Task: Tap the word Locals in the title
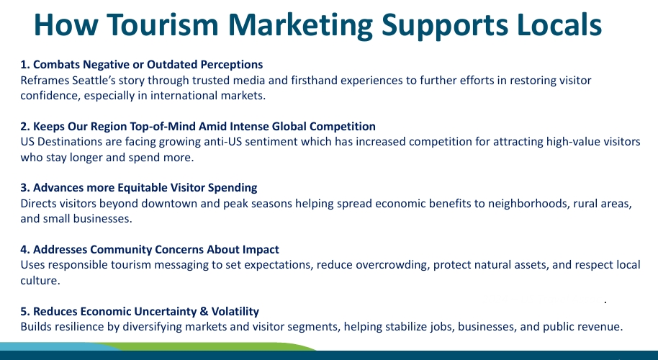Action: click(x=559, y=24)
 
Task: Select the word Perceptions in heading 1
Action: click(x=232, y=65)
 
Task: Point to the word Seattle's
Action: click(x=94, y=80)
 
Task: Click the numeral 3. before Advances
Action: click(x=24, y=187)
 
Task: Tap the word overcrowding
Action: click(x=393, y=265)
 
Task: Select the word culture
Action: click(x=40, y=280)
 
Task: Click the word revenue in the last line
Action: click(x=600, y=327)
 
